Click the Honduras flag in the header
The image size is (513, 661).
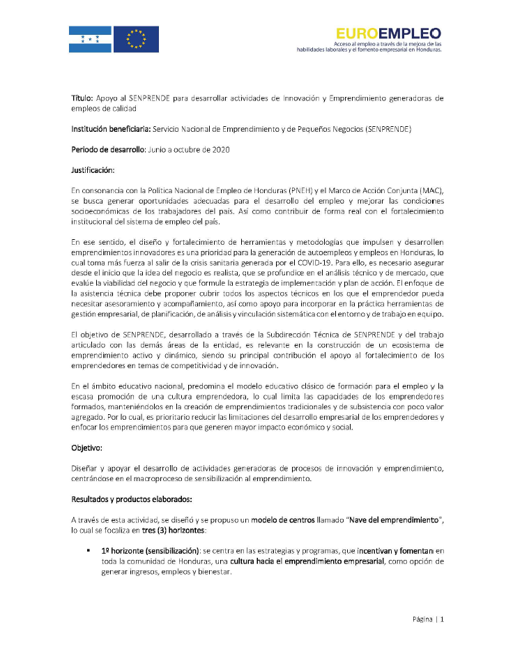[x=90, y=40]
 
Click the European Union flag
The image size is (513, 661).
[x=136, y=40]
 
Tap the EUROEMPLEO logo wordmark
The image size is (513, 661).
[x=388, y=32]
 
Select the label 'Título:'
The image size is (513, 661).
[x=85, y=98]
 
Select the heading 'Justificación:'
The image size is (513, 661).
[x=94, y=170]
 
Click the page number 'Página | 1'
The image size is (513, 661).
[x=422, y=619]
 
